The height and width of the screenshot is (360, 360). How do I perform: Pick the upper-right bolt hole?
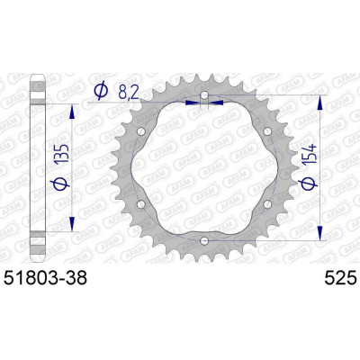[267, 131]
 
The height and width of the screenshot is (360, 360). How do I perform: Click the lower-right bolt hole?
[267, 204]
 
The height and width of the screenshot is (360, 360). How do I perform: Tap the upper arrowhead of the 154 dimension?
[321, 99]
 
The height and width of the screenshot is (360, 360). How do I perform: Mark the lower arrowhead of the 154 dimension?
[321, 237]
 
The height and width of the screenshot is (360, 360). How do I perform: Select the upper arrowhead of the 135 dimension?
[70, 107]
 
